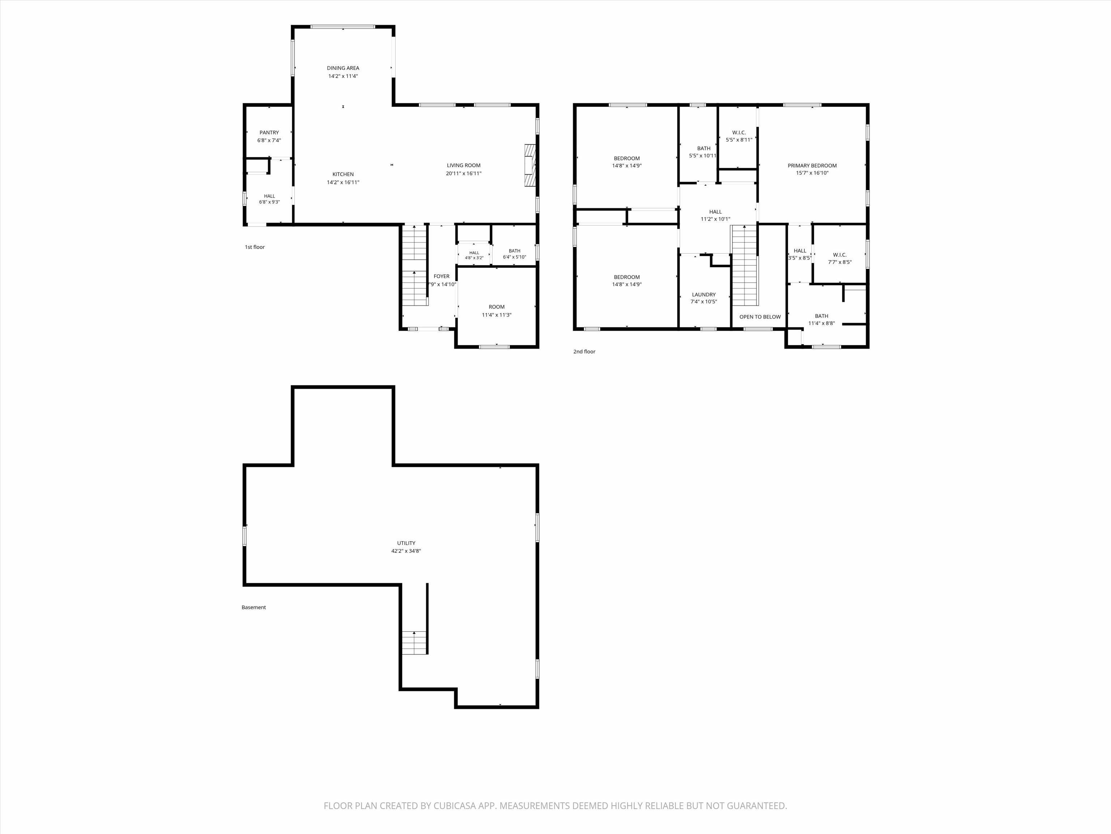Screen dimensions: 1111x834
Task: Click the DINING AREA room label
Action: pyautogui.click(x=343, y=68)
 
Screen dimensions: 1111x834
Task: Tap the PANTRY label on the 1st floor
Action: pyautogui.click(x=269, y=133)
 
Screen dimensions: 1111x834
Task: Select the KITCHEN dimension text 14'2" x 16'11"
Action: pyautogui.click(x=343, y=182)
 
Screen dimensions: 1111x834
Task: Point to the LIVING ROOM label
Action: pyautogui.click(x=464, y=165)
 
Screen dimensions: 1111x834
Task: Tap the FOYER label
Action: pyautogui.click(x=442, y=277)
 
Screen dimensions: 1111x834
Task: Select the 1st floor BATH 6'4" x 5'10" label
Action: pyautogui.click(x=514, y=254)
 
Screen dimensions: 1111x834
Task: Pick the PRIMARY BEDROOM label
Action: pyautogui.click(x=812, y=166)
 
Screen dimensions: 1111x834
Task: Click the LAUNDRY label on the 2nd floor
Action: pyautogui.click(x=704, y=295)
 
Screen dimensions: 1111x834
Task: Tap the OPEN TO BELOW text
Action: pyautogui.click(x=760, y=317)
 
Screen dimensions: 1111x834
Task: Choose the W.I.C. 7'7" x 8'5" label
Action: pyautogui.click(x=840, y=258)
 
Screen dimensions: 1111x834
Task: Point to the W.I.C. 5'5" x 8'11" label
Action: pyautogui.click(x=739, y=136)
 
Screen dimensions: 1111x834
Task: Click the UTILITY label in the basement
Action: pyautogui.click(x=406, y=543)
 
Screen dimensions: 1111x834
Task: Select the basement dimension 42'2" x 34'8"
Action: pyautogui.click(x=406, y=551)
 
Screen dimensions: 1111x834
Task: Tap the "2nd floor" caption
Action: pyautogui.click(x=584, y=351)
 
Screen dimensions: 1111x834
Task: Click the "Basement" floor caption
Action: pyautogui.click(x=254, y=607)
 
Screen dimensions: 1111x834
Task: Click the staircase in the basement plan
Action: pyautogui.click(x=414, y=643)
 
